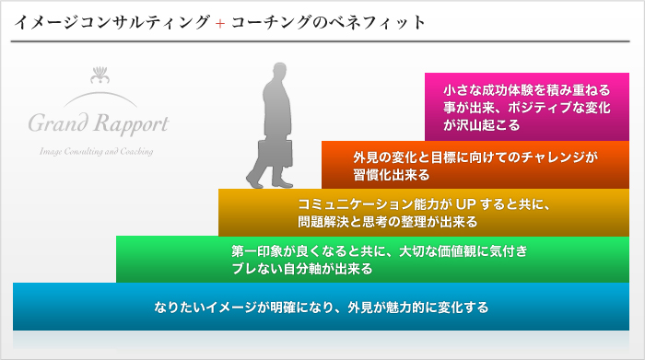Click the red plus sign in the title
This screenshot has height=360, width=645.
point(219,22)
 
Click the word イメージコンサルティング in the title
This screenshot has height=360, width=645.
point(111,22)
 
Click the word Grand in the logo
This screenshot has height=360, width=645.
point(61,122)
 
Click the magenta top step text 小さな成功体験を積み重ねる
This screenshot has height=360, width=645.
point(527,91)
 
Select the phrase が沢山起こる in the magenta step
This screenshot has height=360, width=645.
point(482,124)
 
